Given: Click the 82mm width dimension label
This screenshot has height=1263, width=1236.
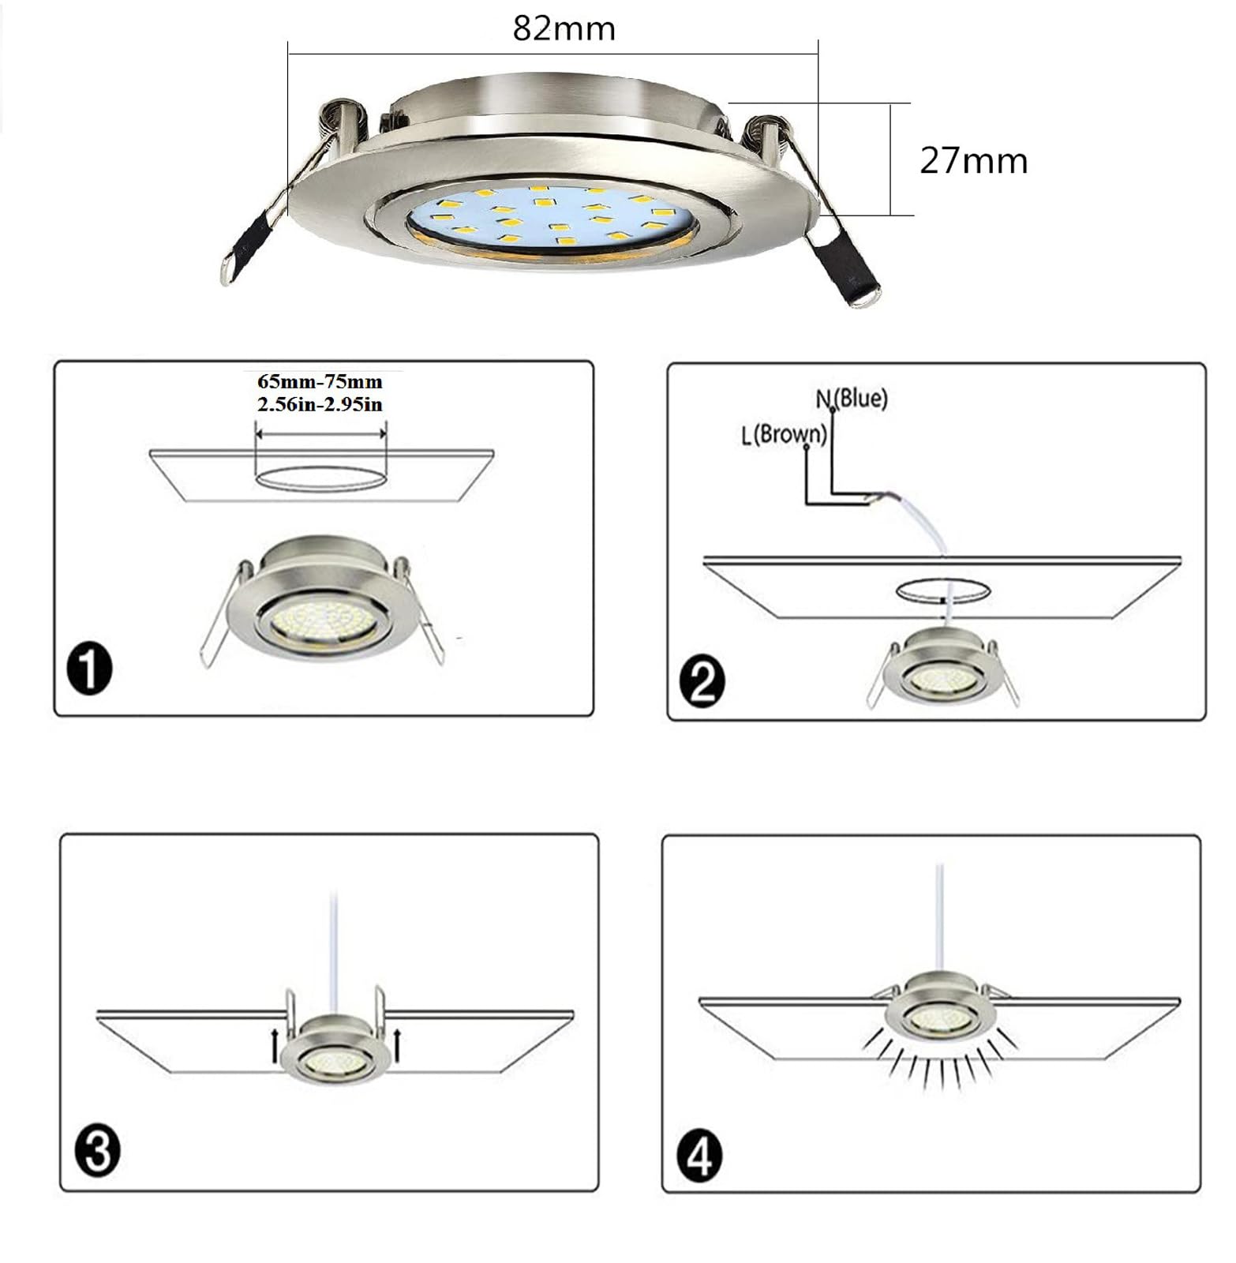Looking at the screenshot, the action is coord(564,29).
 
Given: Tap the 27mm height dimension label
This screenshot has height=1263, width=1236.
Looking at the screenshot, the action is coord(974,161).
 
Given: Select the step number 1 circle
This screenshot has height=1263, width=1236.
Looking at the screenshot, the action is coord(89,669).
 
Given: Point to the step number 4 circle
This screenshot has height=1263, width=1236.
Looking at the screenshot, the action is coord(699,1158).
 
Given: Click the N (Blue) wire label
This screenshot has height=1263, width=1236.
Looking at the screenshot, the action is coord(852,398).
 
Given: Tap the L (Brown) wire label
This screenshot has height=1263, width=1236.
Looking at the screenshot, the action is coord(784,434).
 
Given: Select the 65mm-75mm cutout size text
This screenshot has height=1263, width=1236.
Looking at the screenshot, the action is coord(320,382).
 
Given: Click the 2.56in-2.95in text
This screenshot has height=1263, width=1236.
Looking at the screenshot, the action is coord(320,404).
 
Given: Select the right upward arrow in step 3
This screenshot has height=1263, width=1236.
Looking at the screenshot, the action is coord(397,1044).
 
